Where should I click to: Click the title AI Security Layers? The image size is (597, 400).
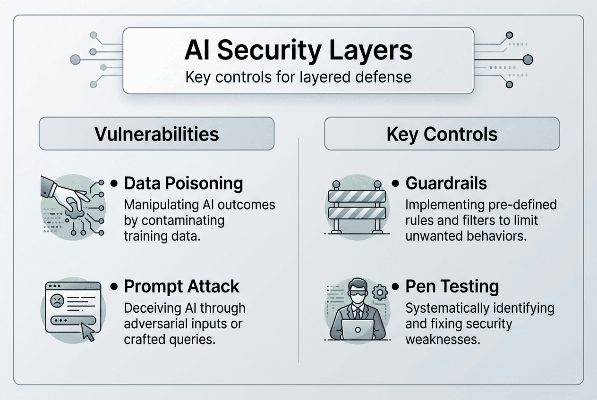pos(298,50)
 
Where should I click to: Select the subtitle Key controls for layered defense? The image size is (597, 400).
pos(298,76)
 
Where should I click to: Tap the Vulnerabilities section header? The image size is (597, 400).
pos(156,134)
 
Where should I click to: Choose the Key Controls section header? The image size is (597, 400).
pos(442,134)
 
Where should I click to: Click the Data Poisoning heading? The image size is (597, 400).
pos(183,183)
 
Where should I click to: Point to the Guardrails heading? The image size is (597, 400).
pos(446,183)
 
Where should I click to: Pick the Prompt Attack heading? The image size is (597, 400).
pos(181,286)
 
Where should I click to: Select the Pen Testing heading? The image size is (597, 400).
pos(452,286)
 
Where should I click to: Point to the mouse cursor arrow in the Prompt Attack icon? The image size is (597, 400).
pos(88,332)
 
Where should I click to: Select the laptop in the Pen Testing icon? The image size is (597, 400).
pos(357,328)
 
